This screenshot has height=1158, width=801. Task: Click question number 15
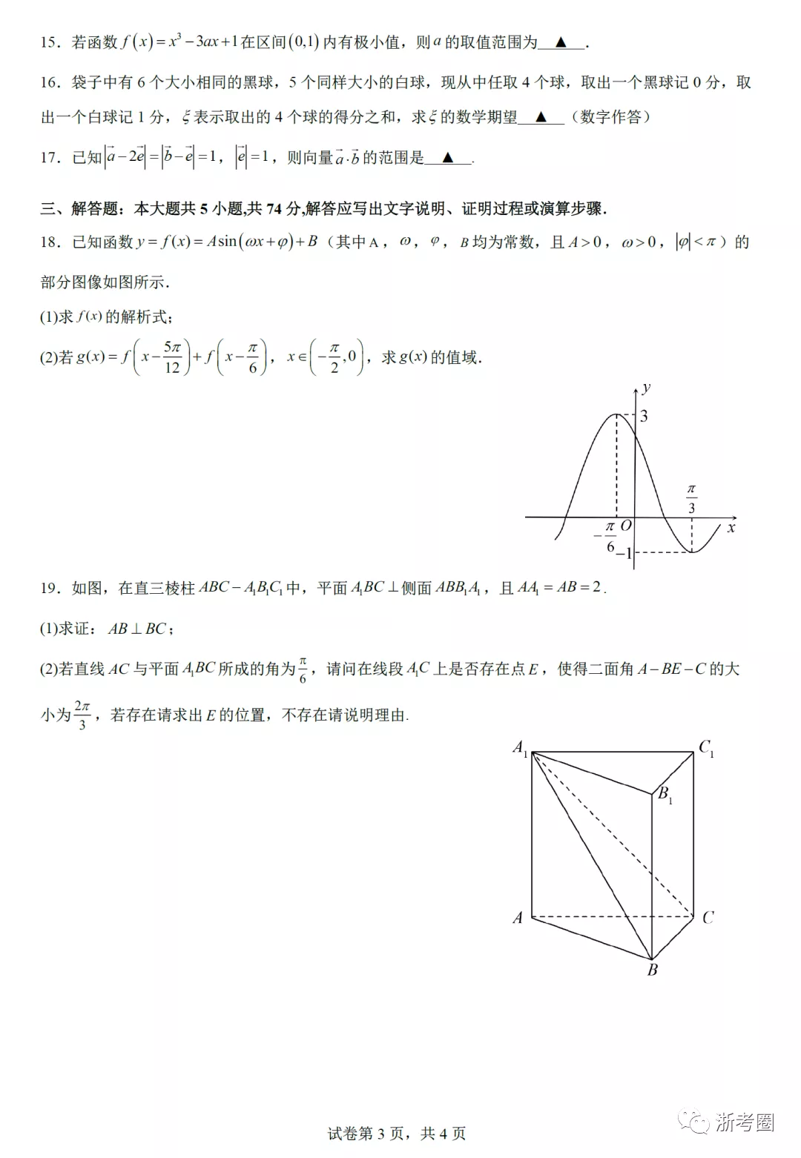50,43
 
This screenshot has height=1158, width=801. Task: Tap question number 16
50,83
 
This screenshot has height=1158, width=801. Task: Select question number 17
50,158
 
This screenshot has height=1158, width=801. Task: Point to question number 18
50,242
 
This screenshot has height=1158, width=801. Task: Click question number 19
50,589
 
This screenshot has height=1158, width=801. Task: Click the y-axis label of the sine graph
647,388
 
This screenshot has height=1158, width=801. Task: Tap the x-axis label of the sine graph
731,528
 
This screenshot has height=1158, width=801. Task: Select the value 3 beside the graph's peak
644,416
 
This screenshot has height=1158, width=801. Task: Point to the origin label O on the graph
626,526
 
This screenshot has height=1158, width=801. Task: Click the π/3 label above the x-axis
691,499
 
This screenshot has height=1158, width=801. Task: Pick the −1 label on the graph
623,553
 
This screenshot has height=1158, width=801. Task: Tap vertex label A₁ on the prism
520,747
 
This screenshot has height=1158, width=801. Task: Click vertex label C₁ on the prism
706,747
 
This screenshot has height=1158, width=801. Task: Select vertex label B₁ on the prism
665,795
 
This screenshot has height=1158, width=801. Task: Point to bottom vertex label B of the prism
653,970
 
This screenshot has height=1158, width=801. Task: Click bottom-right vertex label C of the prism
708,918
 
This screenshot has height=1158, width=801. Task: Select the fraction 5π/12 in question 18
172,357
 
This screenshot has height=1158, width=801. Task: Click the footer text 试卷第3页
366,1134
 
